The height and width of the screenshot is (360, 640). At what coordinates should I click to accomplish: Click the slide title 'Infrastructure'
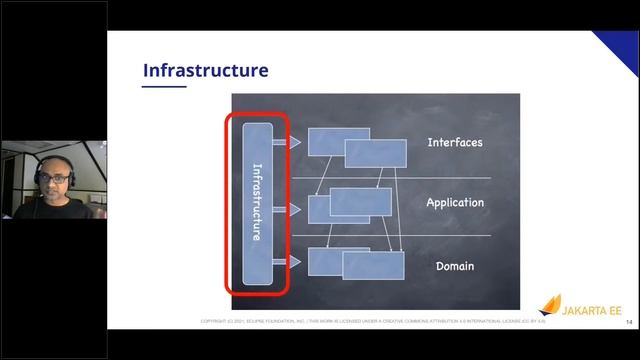click(205, 70)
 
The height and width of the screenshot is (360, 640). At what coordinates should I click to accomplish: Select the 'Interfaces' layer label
click(454, 142)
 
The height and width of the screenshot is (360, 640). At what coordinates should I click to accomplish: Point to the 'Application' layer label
click(454, 203)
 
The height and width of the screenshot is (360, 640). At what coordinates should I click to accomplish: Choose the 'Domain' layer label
click(454, 266)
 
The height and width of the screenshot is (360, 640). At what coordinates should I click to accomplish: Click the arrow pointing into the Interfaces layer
click(293, 143)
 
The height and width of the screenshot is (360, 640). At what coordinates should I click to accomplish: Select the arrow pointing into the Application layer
click(293, 209)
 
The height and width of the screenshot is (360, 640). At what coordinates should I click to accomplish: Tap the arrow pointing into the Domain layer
click(293, 262)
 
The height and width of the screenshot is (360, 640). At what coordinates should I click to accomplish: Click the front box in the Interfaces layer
click(375, 153)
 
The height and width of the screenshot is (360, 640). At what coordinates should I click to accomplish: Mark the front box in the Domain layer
click(373, 265)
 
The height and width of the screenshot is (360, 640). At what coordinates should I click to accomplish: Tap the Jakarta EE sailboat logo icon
click(551, 304)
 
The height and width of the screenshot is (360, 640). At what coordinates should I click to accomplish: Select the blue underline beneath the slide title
click(164, 86)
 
